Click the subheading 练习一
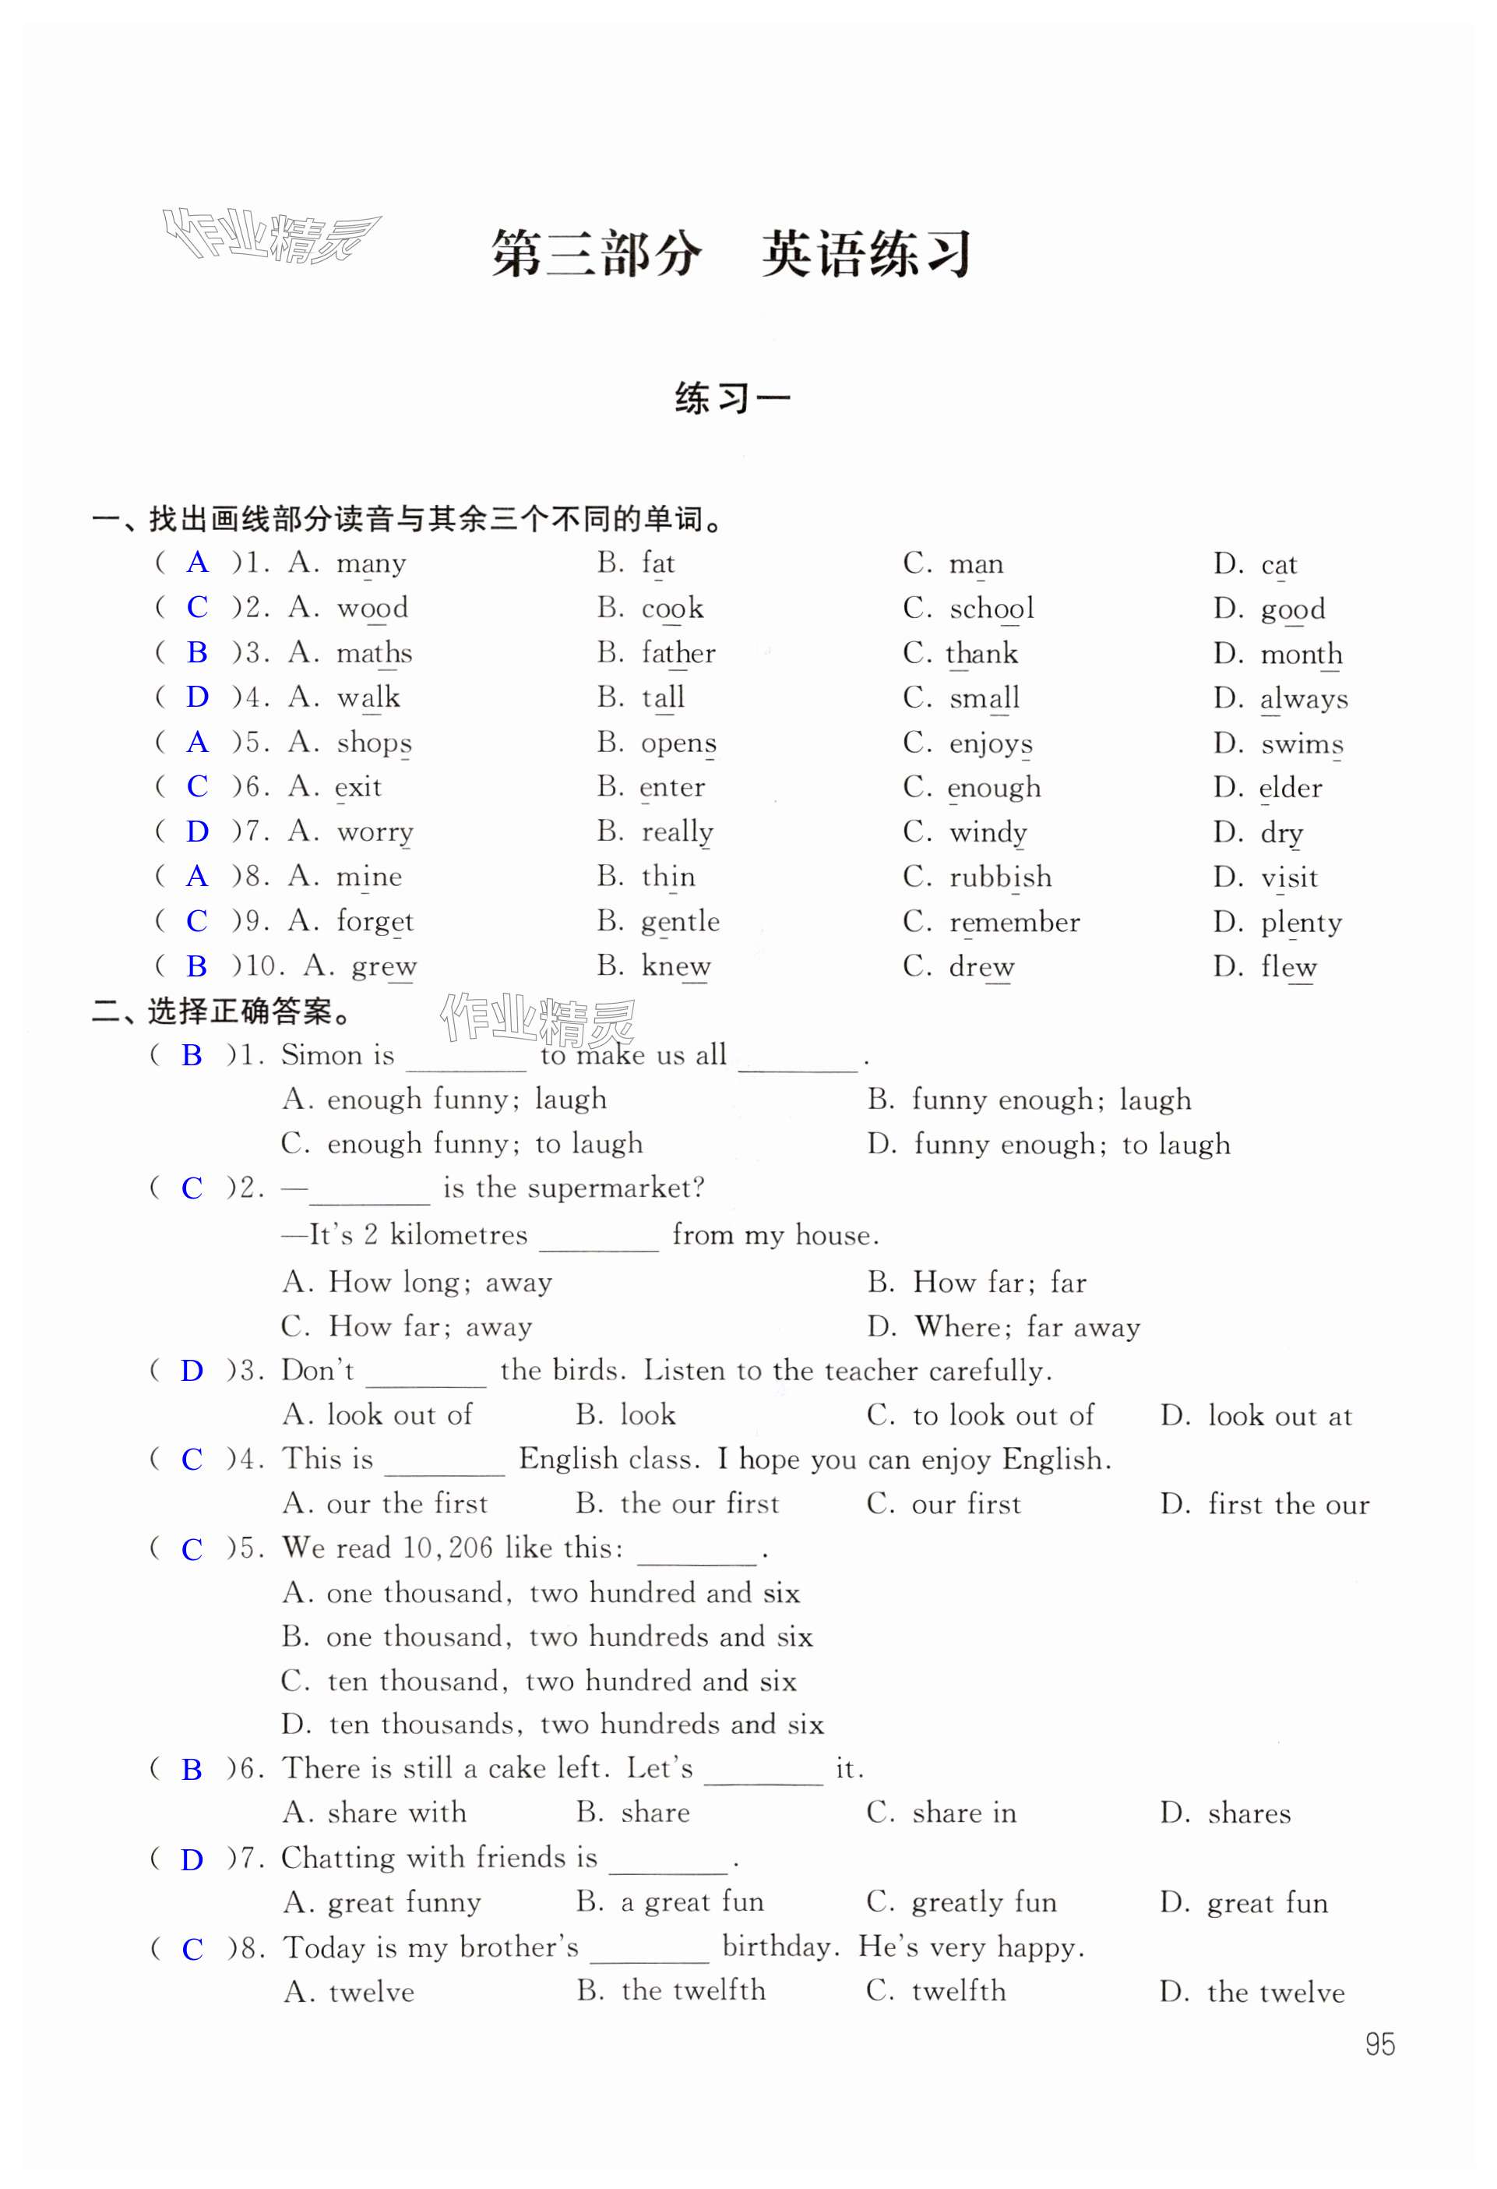[732, 398]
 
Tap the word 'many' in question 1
[372, 563]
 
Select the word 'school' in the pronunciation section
[992, 609]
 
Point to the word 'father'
[678, 653]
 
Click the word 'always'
[1304, 698]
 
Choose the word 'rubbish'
[1001, 877]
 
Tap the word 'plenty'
[1302, 922]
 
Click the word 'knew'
[676, 966]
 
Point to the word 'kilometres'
[459, 1235]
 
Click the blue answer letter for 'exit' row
[197, 786]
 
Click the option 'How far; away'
[430, 1326]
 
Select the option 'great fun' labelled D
[1267, 1903]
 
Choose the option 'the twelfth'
[693, 1990]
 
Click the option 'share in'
[964, 1813]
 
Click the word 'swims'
[1302, 743]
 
